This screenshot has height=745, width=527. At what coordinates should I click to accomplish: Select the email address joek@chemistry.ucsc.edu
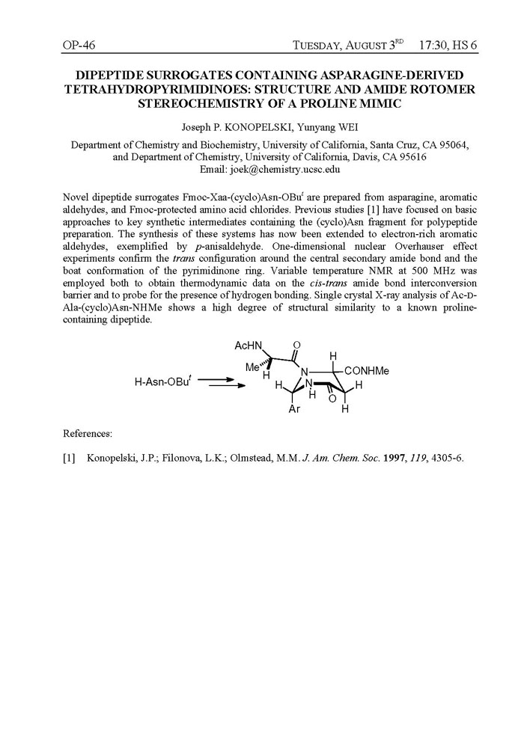click(x=292, y=170)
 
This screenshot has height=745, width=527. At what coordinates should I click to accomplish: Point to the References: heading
click(x=88, y=433)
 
